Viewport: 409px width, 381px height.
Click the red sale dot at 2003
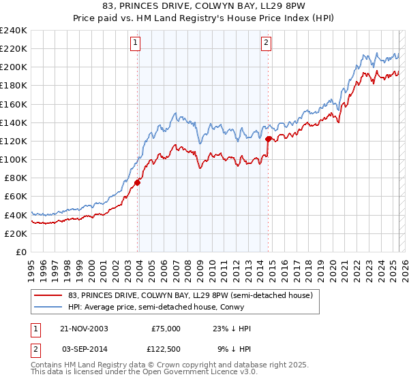click(x=138, y=182)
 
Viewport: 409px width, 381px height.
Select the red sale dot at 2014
click(x=269, y=139)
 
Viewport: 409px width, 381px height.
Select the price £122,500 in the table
click(x=166, y=348)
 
